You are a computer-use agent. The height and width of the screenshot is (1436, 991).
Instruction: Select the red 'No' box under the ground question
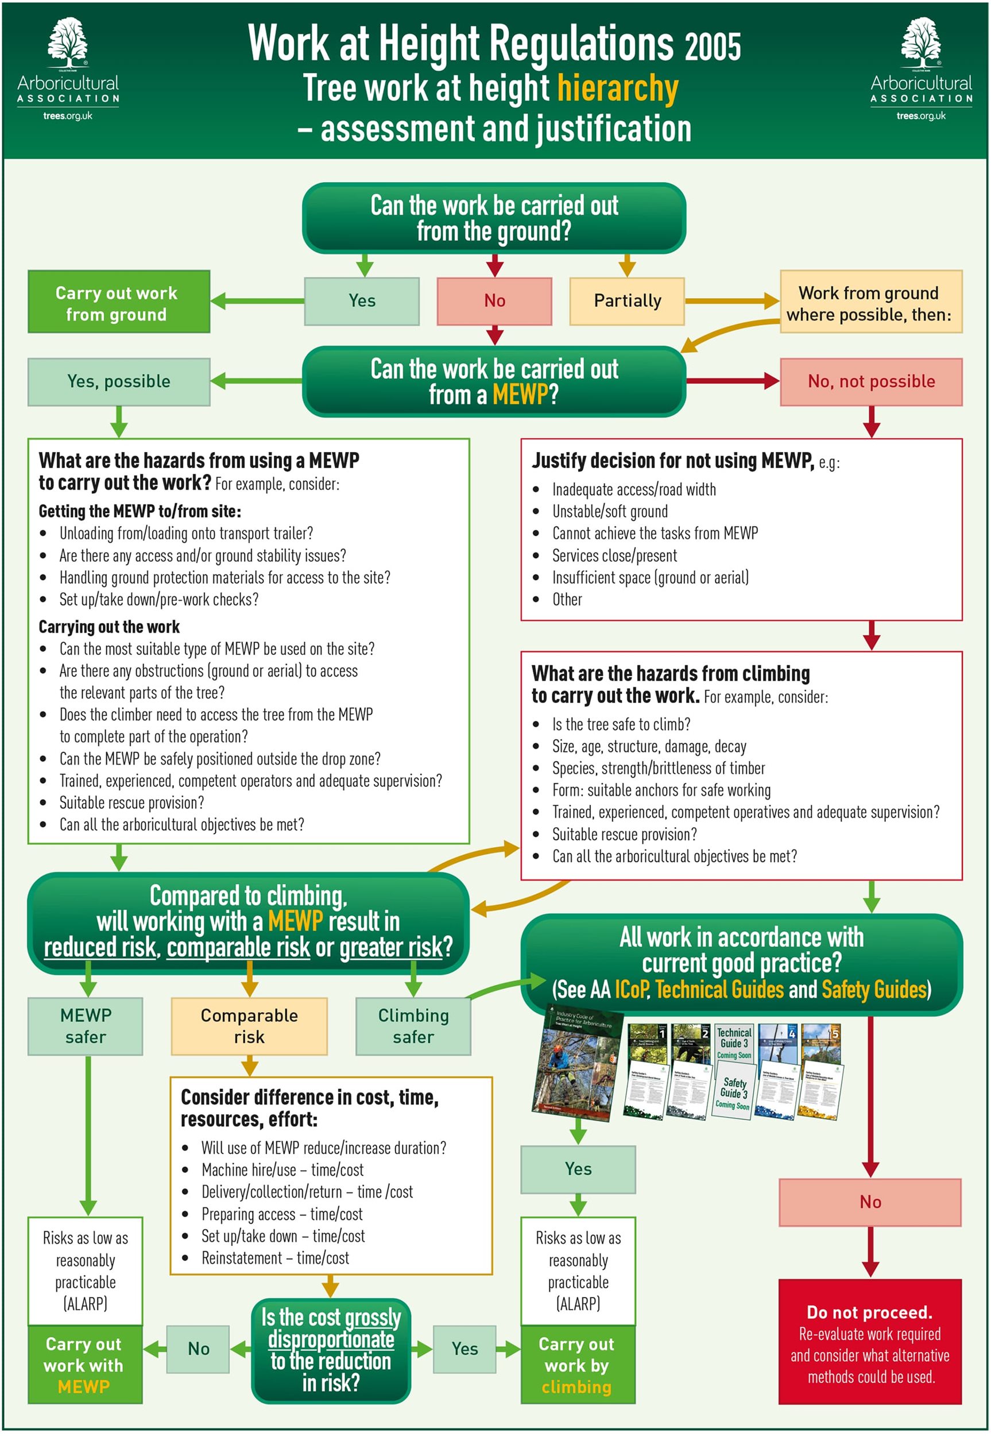pos(494,301)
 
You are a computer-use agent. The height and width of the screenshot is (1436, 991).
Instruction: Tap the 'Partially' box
pos(626,301)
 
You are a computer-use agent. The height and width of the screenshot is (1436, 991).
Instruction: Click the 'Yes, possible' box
pos(119,381)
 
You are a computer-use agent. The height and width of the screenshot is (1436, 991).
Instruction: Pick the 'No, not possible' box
pos(870,381)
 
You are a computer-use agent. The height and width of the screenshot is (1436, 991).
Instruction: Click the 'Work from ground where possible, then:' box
pos(870,303)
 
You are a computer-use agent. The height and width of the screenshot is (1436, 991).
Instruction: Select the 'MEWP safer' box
pos(85,1026)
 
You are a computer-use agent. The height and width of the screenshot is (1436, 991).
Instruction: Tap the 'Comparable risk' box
pos(249,1026)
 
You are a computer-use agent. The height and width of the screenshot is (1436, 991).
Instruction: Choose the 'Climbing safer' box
pos(413,1026)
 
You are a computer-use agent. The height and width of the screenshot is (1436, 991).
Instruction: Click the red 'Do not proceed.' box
pos(869,1342)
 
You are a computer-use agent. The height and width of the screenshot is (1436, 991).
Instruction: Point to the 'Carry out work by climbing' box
pos(578,1365)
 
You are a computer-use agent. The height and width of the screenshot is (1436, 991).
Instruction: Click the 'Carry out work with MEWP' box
pos(85,1365)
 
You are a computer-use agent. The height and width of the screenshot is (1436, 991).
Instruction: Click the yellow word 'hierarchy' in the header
pos(617,88)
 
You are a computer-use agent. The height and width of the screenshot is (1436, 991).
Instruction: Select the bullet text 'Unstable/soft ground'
pos(610,511)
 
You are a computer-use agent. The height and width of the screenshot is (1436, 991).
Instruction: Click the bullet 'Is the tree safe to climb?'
pos(621,724)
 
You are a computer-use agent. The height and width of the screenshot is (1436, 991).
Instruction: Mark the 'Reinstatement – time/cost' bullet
pos(275,1259)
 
